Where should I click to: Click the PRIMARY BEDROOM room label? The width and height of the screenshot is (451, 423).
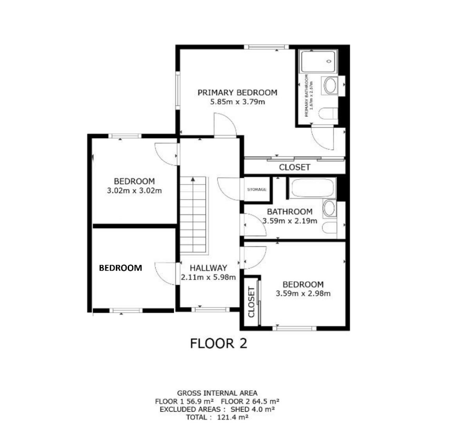[237, 93]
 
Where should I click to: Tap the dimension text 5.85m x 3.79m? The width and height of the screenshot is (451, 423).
[237, 102]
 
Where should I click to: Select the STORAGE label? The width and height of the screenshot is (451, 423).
[257, 190]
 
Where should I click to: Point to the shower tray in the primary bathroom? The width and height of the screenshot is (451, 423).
[318, 61]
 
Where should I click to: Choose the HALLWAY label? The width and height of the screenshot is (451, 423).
[208, 268]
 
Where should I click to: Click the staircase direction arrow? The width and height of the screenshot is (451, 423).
[193, 179]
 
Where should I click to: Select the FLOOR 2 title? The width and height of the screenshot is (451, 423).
[219, 343]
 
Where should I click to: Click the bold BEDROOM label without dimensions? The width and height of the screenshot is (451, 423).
[120, 268]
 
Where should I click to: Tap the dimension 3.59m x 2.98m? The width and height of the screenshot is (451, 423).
[303, 294]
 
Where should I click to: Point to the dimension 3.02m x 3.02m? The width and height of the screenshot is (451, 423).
[134, 191]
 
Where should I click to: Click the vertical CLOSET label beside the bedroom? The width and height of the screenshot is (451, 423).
[251, 302]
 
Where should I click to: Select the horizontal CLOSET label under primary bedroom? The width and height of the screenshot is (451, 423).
[295, 167]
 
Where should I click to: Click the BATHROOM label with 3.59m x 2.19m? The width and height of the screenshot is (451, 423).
[289, 212]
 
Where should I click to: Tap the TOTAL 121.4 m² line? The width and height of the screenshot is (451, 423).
[217, 418]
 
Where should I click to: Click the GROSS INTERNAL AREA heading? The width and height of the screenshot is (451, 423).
[217, 393]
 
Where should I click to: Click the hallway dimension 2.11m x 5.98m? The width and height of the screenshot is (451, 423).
[208, 278]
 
